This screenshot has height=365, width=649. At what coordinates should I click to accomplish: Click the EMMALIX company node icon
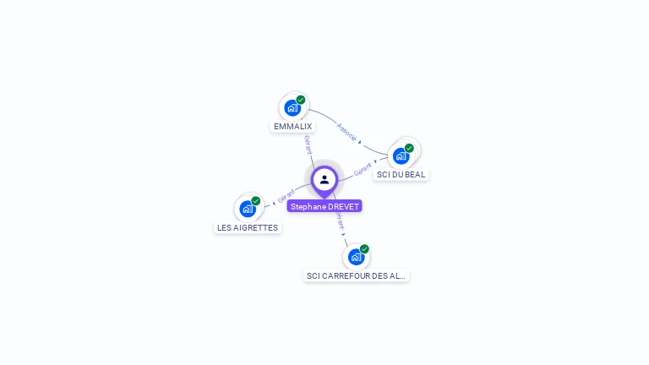pyautogui.click(x=292, y=108)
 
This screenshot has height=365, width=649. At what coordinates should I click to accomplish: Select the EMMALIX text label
pyautogui.click(x=292, y=127)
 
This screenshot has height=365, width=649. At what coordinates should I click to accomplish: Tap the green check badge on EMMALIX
pyautogui.click(x=301, y=100)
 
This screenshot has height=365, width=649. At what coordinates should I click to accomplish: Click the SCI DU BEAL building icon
pyautogui.click(x=401, y=155)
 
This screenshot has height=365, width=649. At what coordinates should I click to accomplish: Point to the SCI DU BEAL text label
pyautogui.click(x=401, y=175)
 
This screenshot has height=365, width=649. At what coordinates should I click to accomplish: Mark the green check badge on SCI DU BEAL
pyautogui.click(x=409, y=148)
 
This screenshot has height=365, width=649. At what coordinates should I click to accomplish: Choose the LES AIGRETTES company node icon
pyautogui.click(x=248, y=208)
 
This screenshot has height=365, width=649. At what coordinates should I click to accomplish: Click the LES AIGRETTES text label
pyautogui.click(x=248, y=227)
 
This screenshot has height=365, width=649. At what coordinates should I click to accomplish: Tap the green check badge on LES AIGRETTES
pyautogui.click(x=256, y=201)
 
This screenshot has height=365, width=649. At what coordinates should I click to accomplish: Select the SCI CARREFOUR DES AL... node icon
pyautogui.click(x=356, y=256)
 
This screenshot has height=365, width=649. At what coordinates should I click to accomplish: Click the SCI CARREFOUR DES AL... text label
pyautogui.click(x=356, y=275)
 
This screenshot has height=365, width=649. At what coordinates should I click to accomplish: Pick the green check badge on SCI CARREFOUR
pyautogui.click(x=364, y=249)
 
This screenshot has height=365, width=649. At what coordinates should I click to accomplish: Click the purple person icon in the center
pyautogui.click(x=324, y=179)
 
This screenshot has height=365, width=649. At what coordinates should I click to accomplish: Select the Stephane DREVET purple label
pyautogui.click(x=324, y=206)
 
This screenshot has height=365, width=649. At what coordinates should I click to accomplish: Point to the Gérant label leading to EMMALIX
pyautogui.click(x=308, y=144)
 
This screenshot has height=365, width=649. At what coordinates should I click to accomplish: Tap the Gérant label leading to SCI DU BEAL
pyautogui.click(x=363, y=168)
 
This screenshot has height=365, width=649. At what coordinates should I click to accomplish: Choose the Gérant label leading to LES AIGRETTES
pyautogui.click(x=286, y=198)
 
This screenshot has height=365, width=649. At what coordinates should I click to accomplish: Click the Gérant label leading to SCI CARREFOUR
pyautogui.click(x=340, y=221)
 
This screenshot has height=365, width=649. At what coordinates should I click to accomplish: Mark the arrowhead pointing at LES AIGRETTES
pyautogui.click(x=274, y=203)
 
